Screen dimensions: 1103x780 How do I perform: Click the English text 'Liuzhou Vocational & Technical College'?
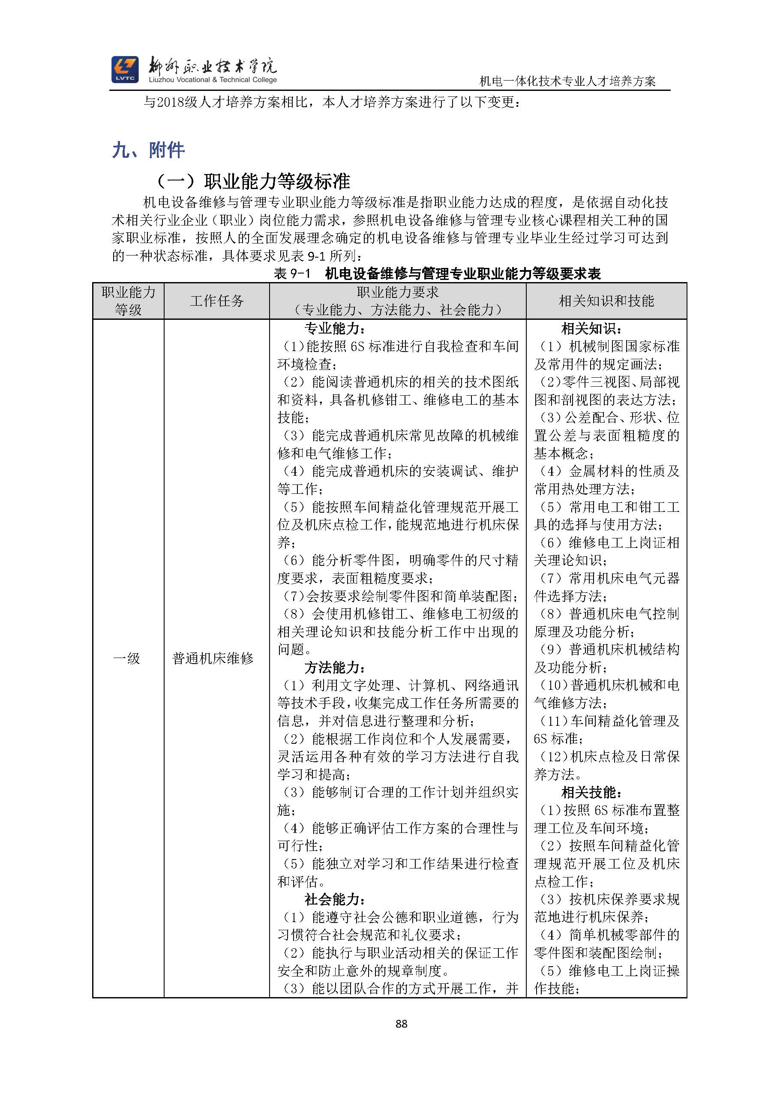tap(213, 80)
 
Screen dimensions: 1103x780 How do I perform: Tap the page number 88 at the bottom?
tap(402, 1024)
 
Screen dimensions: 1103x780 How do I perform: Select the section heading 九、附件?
tap(148, 150)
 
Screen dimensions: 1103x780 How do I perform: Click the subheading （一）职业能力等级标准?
tap(254, 181)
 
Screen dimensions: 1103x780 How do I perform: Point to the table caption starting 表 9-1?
tap(437, 274)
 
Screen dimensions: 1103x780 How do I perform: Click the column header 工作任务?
tap(216, 301)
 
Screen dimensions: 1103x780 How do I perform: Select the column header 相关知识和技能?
tap(606, 301)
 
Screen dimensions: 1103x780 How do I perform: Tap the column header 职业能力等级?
tap(128, 301)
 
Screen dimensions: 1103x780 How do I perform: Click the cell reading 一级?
tap(126, 658)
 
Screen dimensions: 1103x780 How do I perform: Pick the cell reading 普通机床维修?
tap(213, 658)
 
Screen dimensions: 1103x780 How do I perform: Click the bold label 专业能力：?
tap(335, 329)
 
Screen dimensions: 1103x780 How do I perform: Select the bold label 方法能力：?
tap(335, 667)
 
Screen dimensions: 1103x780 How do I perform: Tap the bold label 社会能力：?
tap(335, 900)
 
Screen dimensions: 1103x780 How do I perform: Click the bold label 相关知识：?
tap(592, 329)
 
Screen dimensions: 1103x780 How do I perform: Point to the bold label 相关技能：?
tap(592, 793)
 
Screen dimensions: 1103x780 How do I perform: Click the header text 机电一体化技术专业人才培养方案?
tap(568, 82)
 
